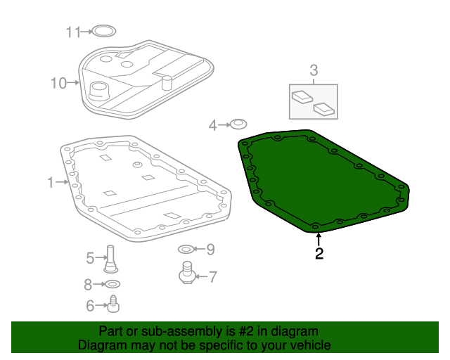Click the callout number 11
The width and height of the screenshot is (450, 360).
pos(74,32)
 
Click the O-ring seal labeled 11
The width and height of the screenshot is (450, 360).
pos(103,31)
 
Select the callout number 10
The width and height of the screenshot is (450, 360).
pos(58,84)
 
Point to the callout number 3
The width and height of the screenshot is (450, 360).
pos(314,70)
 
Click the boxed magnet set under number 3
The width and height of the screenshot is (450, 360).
pos(314,101)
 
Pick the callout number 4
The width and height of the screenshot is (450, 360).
pos(213,126)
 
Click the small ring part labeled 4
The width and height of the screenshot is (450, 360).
pos(238,124)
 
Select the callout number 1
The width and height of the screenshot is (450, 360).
pos(51,183)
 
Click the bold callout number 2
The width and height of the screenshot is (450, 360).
pos(319,254)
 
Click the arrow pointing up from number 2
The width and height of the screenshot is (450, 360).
pos(319,238)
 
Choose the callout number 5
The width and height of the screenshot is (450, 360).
pos(90,258)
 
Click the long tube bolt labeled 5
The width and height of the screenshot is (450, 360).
pos(110,257)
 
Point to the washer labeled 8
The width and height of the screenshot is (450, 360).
pos(112,284)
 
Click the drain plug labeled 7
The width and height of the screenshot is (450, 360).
pos(187,272)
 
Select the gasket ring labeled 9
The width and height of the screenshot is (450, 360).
pos(185,249)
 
